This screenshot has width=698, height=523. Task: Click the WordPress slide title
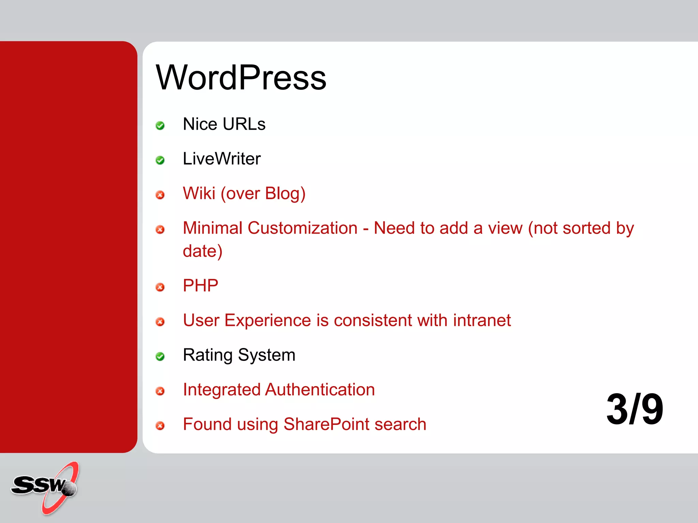pyautogui.click(x=241, y=78)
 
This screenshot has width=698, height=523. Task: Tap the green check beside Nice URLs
pyautogui.click(x=160, y=126)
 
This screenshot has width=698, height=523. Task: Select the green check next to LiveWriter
pyautogui.click(x=160, y=160)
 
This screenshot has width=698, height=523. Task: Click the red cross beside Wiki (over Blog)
pyautogui.click(x=160, y=195)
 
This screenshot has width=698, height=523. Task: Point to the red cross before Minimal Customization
pyautogui.click(x=160, y=229)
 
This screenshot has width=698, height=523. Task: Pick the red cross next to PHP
pyautogui.click(x=160, y=287)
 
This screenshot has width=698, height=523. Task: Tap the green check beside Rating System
pyautogui.click(x=160, y=356)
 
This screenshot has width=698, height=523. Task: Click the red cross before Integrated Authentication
pyautogui.click(x=160, y=391)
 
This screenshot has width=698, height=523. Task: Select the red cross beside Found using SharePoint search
pyautogui.click(x=160, y=426)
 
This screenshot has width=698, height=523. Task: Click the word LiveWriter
pyautogui.click(x=222, y=159)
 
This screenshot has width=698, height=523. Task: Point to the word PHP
pyautogui.click(x=200, y=285)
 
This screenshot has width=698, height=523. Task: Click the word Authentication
pyautogui.click(x=320, y=390)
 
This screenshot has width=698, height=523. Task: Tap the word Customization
pyautogui.click(x=302, y=228)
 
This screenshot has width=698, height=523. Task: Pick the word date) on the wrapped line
pyautogui.click(x=202, y=251)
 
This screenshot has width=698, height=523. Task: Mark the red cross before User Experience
pyautogui.click(x=160, y=322)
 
